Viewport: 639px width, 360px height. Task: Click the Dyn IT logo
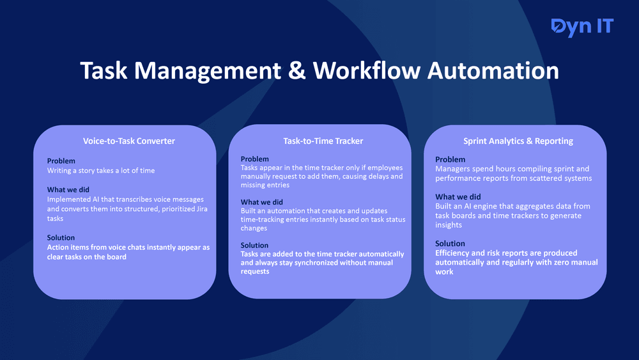[x=581, y=27]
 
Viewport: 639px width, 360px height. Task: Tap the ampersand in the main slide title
[x=296, y=70]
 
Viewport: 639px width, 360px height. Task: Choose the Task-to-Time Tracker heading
[x=319, y=141]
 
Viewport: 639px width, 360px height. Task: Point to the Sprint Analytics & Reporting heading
[x=518, y=141]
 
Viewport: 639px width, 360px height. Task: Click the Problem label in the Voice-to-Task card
[x=61, y=161]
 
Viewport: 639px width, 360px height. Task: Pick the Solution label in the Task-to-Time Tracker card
[x=254, y=245]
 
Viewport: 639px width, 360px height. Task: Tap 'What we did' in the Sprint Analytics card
[x=458, y=197]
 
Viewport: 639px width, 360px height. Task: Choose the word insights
[x=449, y=225]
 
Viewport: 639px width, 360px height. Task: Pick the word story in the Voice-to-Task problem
[x=88, y=171]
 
